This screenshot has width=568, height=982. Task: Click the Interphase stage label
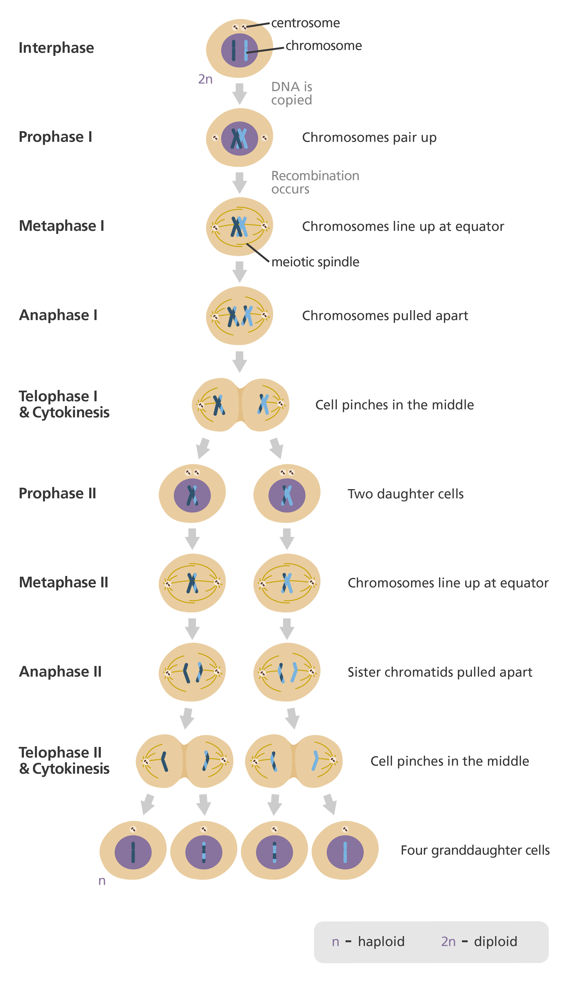coord(57,48)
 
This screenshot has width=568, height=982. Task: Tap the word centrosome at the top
coord(306,23)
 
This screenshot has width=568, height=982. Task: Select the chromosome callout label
coord(324,46)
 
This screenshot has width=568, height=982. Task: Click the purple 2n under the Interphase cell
coord(205,79)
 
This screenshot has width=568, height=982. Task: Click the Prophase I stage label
coord(55,137)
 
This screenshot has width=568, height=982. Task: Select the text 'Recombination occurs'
coord(315,182)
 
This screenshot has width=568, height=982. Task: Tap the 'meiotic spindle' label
coord(315,262)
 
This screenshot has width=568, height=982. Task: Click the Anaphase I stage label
coord(58,315)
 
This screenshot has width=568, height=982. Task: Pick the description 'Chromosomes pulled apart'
coord(385,315)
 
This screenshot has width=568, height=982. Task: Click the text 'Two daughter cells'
coord(405,494)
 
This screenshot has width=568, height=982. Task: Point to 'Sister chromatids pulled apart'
coord(440,672)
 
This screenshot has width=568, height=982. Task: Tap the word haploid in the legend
coord(381,942)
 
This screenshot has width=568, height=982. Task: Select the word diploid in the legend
coord(495,942)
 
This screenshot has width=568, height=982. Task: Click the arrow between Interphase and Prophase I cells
coord(240,94)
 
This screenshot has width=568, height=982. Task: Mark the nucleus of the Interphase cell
coord(240,50)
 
